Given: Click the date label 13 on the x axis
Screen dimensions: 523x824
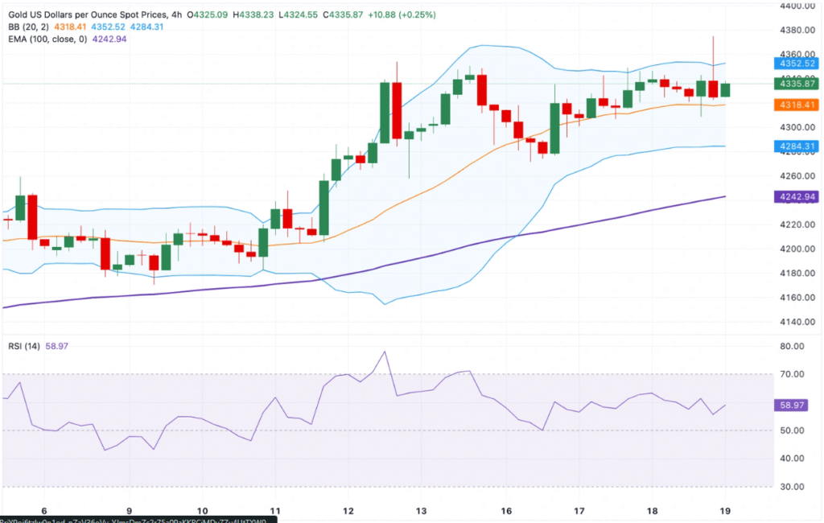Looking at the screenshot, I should click(x=420, y=510).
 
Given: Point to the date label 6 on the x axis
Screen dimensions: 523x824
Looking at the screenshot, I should click(x=45, y=510).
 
